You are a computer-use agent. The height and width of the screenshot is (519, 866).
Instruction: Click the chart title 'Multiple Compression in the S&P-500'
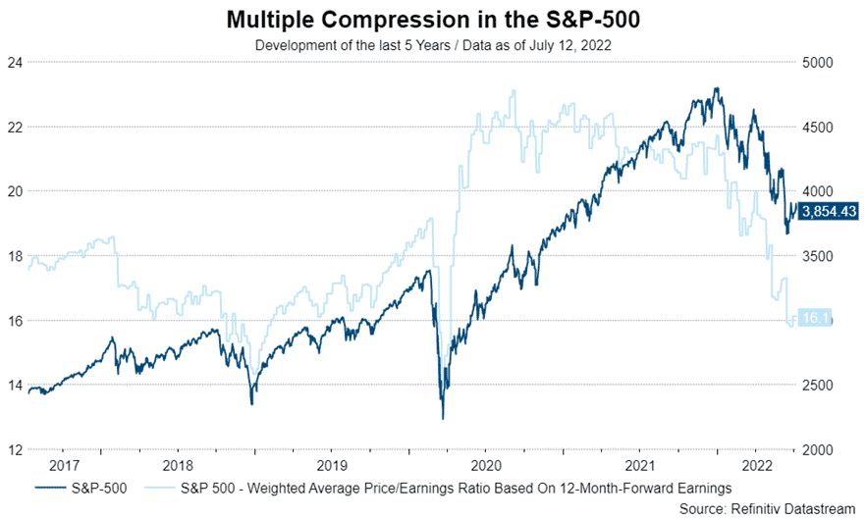[433, 19]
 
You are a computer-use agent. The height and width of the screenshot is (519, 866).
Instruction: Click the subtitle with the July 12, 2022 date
[433, 44]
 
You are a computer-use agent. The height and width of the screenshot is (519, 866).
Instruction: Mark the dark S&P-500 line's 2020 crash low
[443, 419]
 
